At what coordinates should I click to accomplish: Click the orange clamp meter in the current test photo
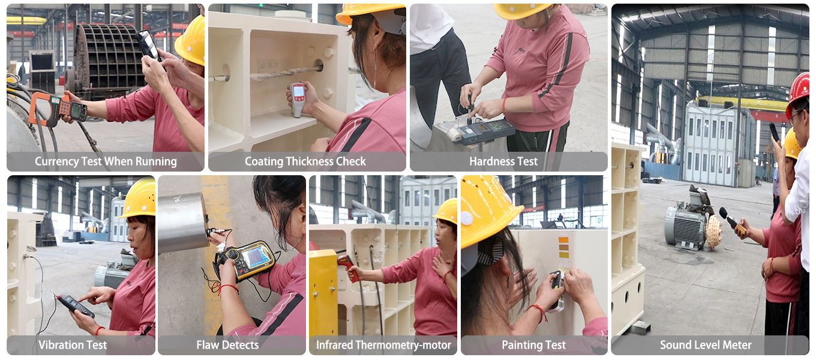pyautogui.click(x=58, y=109)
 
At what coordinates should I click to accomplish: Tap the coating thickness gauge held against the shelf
pyautogui.click(x=298, y=100)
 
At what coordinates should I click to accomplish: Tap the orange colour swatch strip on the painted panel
pyautogui.click(x=563, y=247)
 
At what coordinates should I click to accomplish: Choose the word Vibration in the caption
pyautogui.click(x=56, y=344)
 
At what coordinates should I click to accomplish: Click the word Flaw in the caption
pyautogui.click(x=206, y=344)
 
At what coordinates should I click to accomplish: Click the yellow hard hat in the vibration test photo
pyautogui.click(x=139, y=199)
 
